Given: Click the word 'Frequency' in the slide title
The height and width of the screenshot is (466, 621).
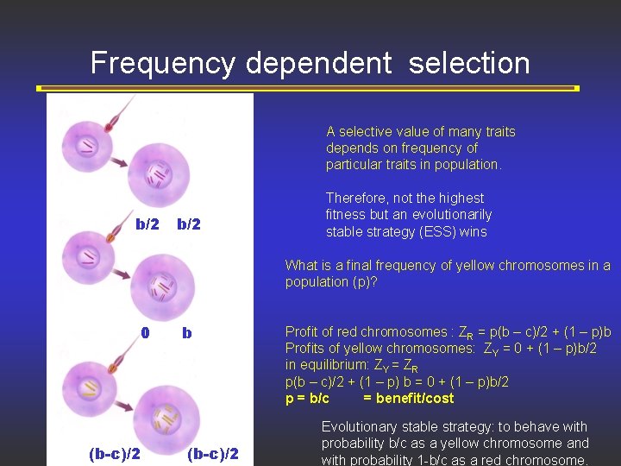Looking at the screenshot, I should click(164, 63).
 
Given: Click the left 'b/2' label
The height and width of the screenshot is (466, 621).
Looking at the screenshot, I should click(147, 224).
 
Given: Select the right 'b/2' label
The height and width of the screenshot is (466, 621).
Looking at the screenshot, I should click(188, 224).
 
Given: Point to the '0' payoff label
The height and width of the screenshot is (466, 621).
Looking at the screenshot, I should click(146, 333).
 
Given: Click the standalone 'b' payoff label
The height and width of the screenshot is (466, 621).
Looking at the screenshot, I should click(187, 333).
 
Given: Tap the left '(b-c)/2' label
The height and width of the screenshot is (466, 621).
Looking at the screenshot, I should click(116, 454).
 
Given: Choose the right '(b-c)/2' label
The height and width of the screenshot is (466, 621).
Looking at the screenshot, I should click(212, 454).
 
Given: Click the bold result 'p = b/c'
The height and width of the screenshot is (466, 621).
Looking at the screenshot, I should click(307, 398).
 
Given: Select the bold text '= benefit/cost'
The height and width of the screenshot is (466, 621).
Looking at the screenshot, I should click(408, 398).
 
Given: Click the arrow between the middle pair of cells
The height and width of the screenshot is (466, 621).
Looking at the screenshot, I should click(121, 274).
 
